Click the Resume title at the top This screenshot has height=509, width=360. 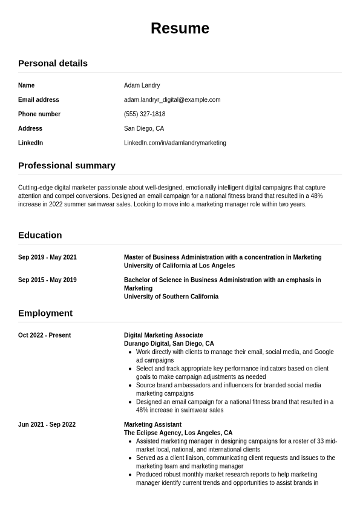pyautogui.click(x=180, y=28)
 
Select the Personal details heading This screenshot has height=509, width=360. pyautogui.click(x=53, y=63)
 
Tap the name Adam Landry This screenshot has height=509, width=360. pyautogui.click(x=142, y=85)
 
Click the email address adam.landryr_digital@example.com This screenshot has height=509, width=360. pyautogui.click(x=172, y=100)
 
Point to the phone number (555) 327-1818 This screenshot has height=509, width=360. pyautogui.click(x=145, y=114)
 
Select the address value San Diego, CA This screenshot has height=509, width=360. pyautogui.click(x=144, y=129)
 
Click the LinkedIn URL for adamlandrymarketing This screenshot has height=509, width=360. pyautogui.click(x=175, y=143)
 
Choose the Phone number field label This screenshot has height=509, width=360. pyautogui.click(x=39, y=114)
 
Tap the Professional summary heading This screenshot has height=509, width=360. pyautogui.click(x=67, y=165)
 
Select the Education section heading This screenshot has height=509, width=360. pyautogui.click(x=40, y=235)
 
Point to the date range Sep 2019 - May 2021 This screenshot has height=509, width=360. pyautogui.click(x=47, y=257)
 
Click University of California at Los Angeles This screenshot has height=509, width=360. pyautogui.click(x=179, y=266)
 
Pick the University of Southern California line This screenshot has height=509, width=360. pyautogui.click(x=171, y=297)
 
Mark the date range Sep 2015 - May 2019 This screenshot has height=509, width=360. pyautogui.click(x=47, y=280)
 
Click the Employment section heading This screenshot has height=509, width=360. pyautogui.click(x=45, y=313)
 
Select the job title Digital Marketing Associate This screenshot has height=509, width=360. pyautogui.click(x=163, y=335)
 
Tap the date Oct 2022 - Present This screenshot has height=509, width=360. pyautogui.click(x=44, y=335)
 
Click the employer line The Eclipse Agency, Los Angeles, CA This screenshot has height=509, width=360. pyautogui.click(x=178, y=433)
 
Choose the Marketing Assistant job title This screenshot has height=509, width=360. pyautogui.click(x=152, y=425)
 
